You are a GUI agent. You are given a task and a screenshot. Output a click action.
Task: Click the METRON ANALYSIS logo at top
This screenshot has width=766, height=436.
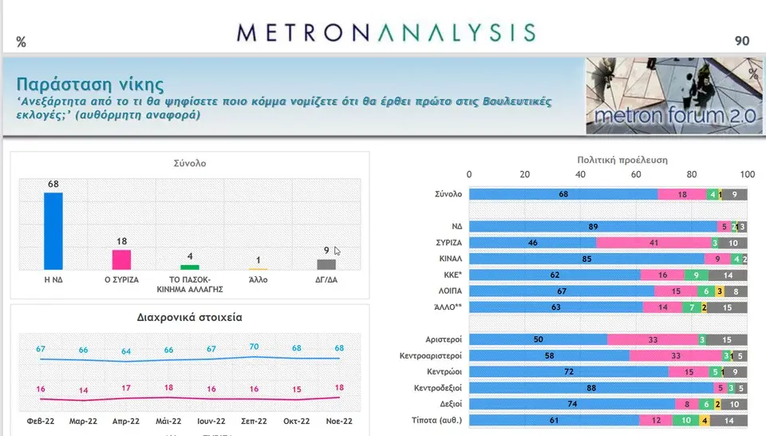click(x=386, y=32)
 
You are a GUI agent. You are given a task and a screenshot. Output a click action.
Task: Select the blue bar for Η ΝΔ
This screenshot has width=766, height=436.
click(x=53, y=232)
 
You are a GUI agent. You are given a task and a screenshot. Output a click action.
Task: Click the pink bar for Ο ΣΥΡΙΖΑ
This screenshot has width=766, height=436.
click(x=121, y=260)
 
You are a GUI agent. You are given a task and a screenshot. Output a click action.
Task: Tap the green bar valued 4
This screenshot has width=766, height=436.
click(x=189, y=267)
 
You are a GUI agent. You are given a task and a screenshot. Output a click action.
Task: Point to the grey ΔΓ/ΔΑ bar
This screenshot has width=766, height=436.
click(x=326, y=264)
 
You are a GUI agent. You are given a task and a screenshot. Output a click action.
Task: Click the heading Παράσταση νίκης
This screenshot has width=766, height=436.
click(x=90, y=84)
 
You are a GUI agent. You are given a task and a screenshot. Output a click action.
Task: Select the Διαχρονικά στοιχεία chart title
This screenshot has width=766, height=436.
click(x=189, y=317)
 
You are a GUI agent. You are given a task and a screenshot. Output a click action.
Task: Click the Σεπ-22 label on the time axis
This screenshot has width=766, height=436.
click(x=255, y=420)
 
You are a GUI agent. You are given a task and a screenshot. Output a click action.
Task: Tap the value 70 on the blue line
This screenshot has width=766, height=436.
click(x=255, y=347)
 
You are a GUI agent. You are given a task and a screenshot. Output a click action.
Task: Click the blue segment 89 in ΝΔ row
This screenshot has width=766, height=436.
click(x=593, y=227)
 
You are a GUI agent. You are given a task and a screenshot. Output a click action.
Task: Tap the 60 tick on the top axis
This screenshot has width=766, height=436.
click(x=636, y=174)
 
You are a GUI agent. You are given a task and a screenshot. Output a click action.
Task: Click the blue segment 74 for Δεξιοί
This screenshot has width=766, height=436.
click(x=571, y=404)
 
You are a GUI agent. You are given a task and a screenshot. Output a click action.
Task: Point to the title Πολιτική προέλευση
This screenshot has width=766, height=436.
click(x=610, y=160)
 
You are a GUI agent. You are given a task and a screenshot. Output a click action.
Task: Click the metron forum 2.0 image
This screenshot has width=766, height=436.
click(x=673, y=95)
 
